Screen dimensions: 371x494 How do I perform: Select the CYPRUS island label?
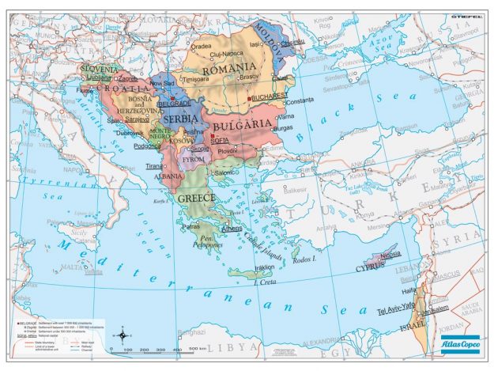pyautogui.click(x=372, y=267)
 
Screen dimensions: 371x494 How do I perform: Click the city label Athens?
pyautogui.click(x=232, y=229)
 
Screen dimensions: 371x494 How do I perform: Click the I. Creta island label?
pyautogui.click(x=266, y=283)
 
